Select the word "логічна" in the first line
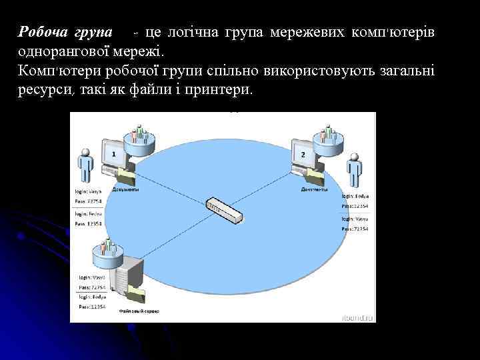(x=193, y=33)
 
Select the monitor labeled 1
(x=114, y=154)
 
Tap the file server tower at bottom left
(x=129, y=281)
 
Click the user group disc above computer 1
(x=139, y=137)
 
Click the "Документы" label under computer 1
(x=125, y=189)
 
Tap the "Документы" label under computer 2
(x=314, y=189)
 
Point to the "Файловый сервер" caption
(x=139, y=311)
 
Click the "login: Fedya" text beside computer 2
(x=355, y=197)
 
